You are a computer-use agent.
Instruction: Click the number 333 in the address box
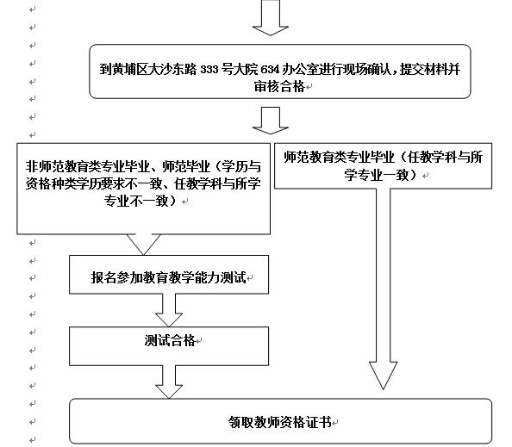tap(209, 70)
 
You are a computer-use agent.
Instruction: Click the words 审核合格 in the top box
tap(279, 86)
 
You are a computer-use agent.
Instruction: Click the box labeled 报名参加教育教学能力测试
tap(169, 275)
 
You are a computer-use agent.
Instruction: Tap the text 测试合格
tap(170, 341)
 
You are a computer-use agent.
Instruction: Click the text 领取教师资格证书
tap(280, 422)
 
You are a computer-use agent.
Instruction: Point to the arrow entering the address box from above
tap(271, 17)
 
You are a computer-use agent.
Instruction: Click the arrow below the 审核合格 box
tap(271, 120)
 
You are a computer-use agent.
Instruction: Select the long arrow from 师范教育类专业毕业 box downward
tap(383, 289)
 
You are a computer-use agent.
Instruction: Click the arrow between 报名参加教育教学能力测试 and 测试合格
tap(169, 310)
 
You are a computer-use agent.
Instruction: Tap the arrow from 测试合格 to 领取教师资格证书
tap(169, 382)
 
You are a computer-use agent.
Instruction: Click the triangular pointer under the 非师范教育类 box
tap(143, 244)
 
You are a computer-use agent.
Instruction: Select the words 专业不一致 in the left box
tap(136, 201)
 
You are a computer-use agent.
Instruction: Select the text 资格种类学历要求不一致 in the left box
tap(94, 183)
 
